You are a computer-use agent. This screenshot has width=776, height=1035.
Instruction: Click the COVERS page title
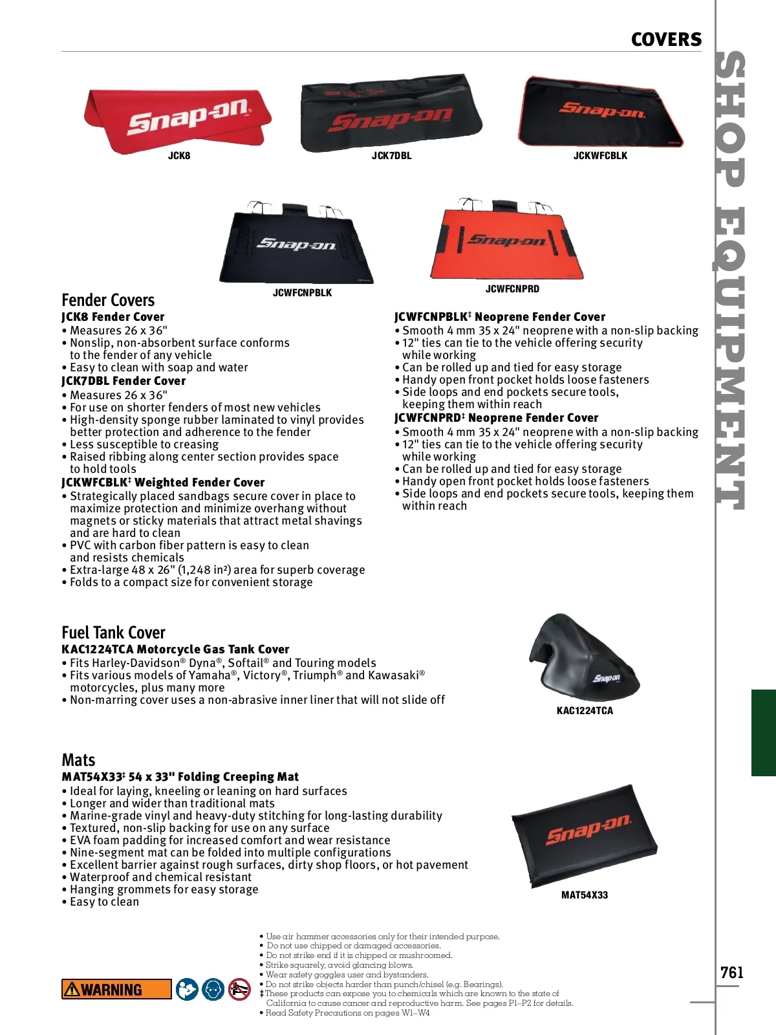pyautogui.click(x=666, y=39)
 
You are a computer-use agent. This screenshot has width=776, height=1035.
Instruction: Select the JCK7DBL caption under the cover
pyautogui.click(x=391, y=156)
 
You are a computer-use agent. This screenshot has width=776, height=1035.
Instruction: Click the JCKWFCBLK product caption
pyautogui.click(x=600, y=156)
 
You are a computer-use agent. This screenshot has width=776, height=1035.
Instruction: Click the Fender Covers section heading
pyautogui.click(x=108, y=300)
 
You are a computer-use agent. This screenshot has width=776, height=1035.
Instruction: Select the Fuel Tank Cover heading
pyautogui.click(x=113, y=632)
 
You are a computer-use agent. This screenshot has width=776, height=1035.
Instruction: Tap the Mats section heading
pyautogui.click(x=78, y=759)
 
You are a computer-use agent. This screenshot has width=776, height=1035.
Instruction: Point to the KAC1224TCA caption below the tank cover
pyautogui.click(x=585, y=711)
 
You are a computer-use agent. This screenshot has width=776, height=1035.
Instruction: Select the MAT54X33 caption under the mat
pyautogui.click(x=585, y=895)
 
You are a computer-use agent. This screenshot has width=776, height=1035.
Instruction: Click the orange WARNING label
pyautogui.click(x=116, y=989)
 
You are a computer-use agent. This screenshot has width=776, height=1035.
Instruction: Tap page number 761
pyautogui.click(x=731, y=973)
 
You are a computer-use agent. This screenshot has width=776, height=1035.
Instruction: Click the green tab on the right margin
pyautogui.click(x=763, y=732)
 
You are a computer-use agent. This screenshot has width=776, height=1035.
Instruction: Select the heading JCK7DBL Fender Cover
pyautogui.click(x=124, y=381)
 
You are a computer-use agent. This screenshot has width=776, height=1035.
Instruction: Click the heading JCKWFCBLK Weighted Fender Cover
pyautogui.click(x=163, y=483)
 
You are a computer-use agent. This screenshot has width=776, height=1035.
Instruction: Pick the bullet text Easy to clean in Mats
pyautogui.click(x=104, y=902)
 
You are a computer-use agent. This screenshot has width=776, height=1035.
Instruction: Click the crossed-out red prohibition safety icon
pyautogui.click(x=239, y=989)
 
